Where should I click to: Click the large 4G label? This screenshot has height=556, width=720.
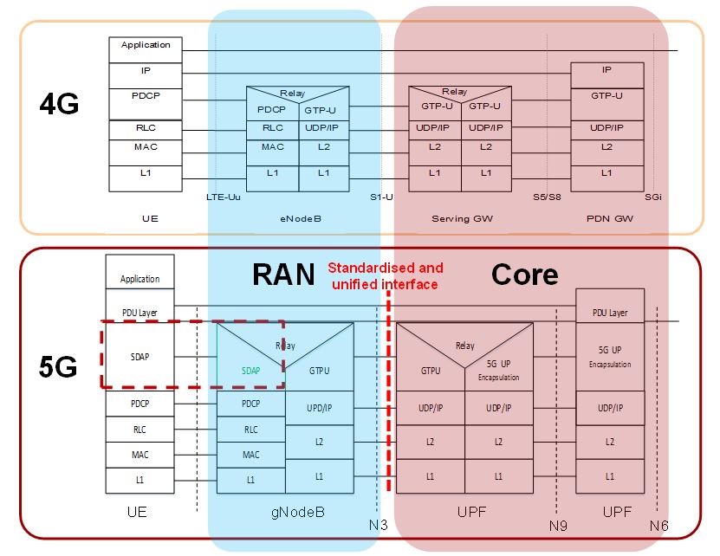(59, 105)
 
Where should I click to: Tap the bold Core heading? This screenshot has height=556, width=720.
(524, 274)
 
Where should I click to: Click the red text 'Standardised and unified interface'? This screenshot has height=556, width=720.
(385, 275)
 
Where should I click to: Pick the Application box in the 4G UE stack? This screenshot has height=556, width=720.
(146, 45)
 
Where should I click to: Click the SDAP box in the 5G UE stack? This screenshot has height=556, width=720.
(139, 356)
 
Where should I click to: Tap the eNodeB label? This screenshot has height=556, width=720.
(299, 219)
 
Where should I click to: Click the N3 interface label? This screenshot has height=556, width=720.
(374, 525)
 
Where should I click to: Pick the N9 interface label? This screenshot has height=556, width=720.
(558, 525)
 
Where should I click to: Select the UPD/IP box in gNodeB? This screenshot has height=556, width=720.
(319, 407)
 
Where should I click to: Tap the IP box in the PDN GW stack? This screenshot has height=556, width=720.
(606, 70)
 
